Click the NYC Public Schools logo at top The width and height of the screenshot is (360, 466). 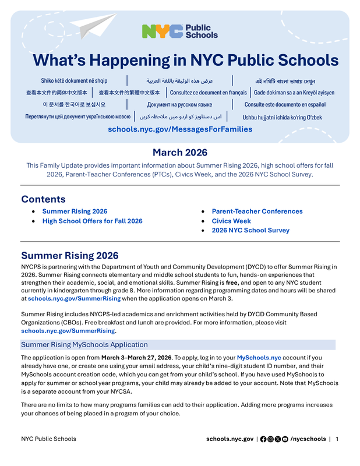[179, 31]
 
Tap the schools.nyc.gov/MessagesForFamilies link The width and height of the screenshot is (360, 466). [180, 129]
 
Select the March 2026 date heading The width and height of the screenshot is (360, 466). [180, 153]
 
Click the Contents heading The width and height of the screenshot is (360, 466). [43, 199]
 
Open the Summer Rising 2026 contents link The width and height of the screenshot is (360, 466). [75, 211]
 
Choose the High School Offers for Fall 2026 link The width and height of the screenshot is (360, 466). [92, 221]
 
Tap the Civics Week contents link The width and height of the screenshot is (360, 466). [231, 221]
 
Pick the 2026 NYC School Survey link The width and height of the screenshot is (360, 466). [250, 231]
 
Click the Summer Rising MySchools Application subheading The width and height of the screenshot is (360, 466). [84, 344]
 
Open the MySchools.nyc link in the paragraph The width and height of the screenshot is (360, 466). [259, 357]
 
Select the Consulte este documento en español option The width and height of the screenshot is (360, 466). [285, 105]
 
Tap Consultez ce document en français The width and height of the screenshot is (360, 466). [208, 93]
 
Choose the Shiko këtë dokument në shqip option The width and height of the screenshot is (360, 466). [69, 80]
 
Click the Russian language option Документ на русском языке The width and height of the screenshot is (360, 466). [179, 105]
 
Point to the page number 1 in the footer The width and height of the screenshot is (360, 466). [337, 439]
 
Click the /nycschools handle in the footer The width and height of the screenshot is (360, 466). [308, 439]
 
